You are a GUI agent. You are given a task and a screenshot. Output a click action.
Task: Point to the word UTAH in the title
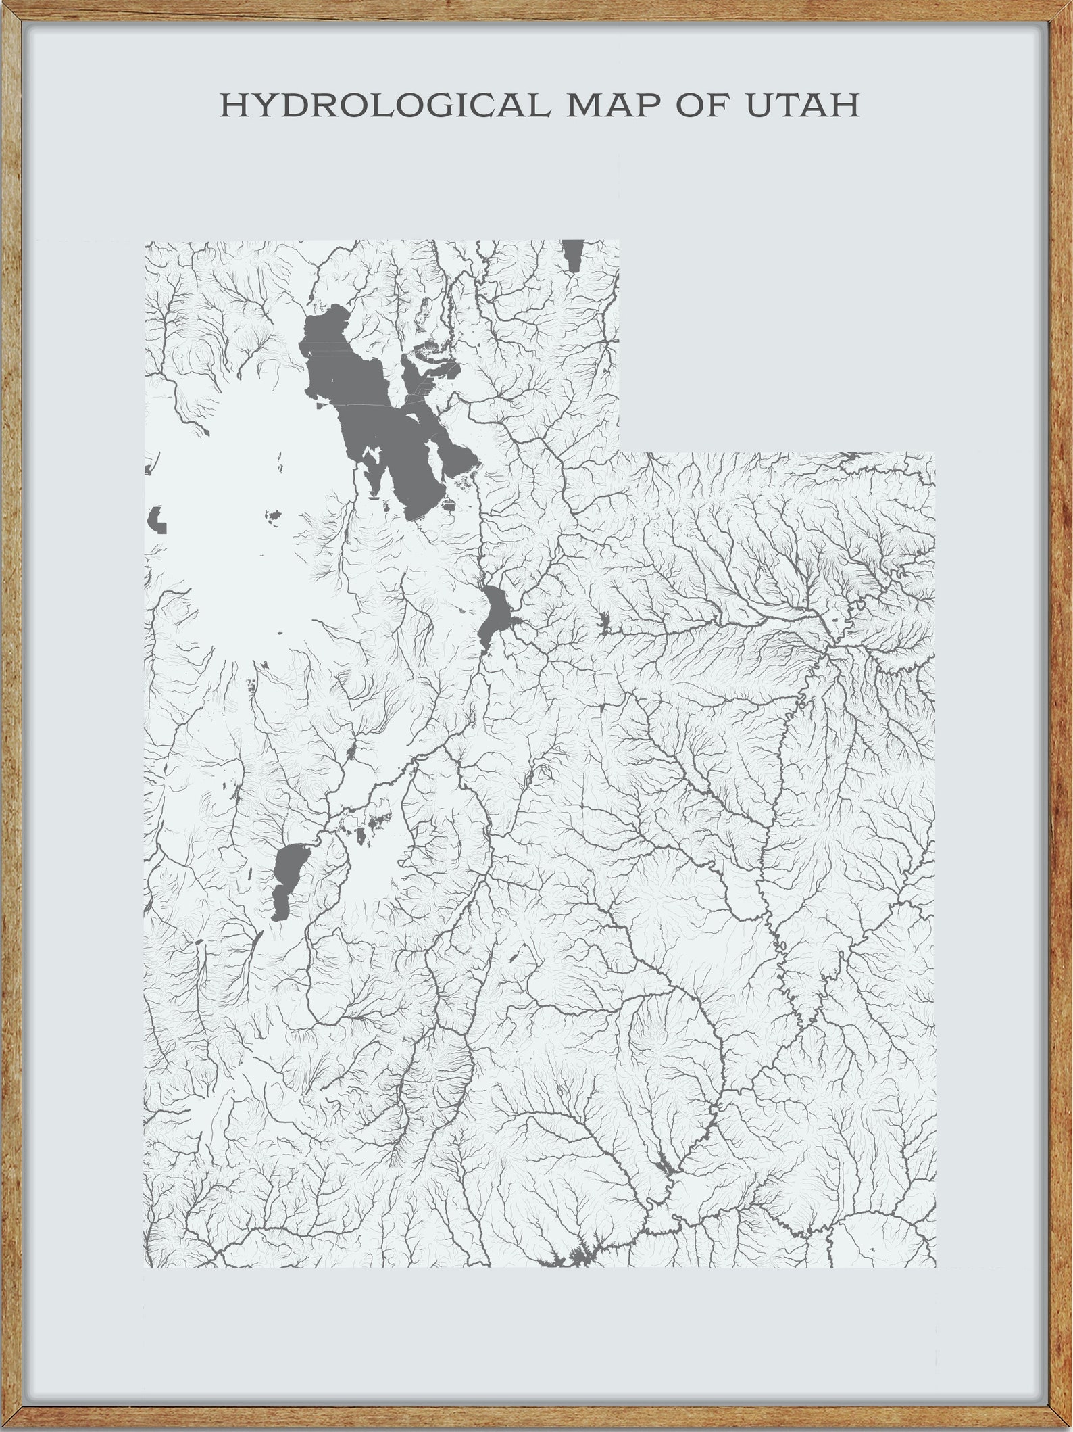point(802,105)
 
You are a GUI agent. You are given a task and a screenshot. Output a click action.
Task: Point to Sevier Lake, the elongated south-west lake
point(286,879)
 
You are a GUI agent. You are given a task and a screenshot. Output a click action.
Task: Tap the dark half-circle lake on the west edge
point(155,519)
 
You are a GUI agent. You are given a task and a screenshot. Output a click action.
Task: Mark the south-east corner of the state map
point(935,1267)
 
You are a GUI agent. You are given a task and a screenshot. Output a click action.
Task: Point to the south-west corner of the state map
point(145,1267)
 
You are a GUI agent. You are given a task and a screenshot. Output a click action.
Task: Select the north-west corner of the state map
point(145,241)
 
